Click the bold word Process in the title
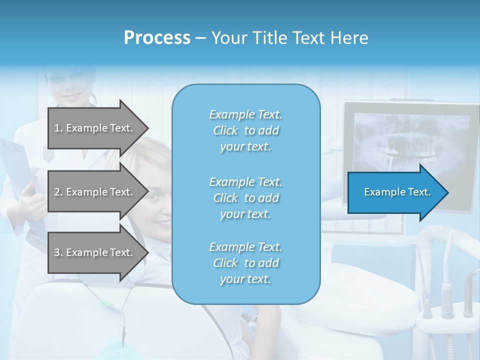coord(157,38)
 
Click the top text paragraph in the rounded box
coord(245,130)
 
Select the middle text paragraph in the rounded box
coord(245,197)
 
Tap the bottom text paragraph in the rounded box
coord(245,263)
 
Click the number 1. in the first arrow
coord(58,128)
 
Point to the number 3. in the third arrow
coord(58,252)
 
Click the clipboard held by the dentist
coord(15,175)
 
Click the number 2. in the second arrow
coord(58,192)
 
